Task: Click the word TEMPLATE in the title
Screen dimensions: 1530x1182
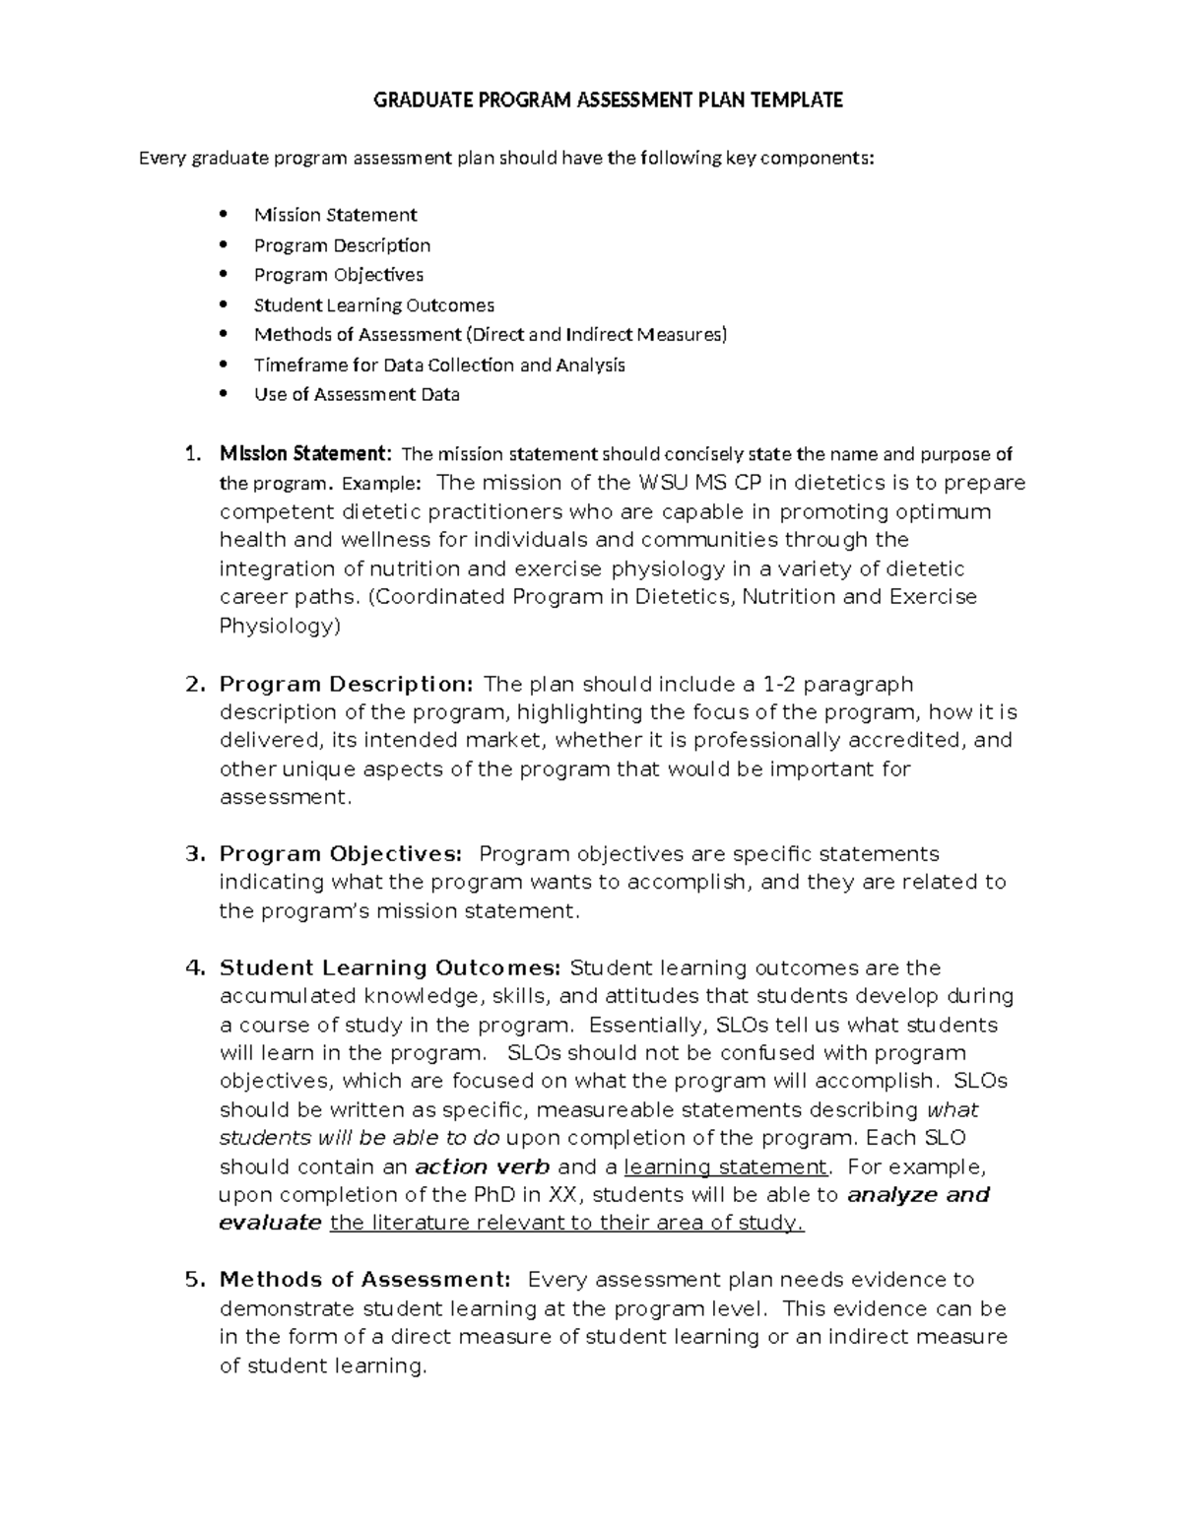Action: point(797,100)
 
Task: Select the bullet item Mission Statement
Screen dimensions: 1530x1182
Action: point(335,215)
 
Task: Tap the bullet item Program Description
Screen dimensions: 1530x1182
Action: point(342,245)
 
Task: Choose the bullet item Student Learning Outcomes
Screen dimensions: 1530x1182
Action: point(373,305)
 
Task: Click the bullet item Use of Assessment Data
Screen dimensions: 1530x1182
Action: point(357,395)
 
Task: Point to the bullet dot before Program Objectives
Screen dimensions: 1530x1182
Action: point(225,275)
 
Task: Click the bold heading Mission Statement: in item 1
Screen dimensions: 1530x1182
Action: point(305,454)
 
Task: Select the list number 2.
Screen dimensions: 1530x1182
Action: point(194,684)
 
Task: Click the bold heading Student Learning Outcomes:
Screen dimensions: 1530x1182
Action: point(390,967)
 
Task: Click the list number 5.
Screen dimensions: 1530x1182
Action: point(194,1280)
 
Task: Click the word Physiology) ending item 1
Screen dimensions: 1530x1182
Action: point(279,626)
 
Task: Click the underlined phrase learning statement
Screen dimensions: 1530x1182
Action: point(726,1167)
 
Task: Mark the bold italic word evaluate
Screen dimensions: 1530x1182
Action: point(270,1224)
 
